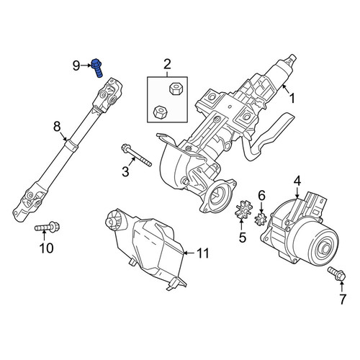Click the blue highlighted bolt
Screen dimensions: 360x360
(97, 68)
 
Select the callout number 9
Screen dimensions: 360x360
(76, 66)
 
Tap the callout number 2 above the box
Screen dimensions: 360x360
(167, 64)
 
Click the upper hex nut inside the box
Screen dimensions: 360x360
(176, 89)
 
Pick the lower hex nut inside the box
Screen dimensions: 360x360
(160, 112)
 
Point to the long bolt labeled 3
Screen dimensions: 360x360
(137, 155)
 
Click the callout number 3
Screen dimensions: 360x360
(125, 172)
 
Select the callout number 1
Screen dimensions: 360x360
(292, 99)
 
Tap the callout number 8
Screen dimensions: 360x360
(57, 127)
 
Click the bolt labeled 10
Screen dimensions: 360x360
(47, 227)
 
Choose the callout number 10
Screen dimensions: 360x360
(47, 248)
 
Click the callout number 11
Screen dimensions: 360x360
(203, 253)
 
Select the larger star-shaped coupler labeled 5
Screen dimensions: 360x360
(243, 210)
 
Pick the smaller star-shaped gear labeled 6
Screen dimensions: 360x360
(261, 219)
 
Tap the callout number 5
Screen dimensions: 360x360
(243, 238)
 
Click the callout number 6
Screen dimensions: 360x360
(261, 195)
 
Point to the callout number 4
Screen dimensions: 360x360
(297, 181)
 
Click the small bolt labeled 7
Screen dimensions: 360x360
(337, 274)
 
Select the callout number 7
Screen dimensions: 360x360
(343, 300)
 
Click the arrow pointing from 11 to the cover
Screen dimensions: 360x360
(189, 253)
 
